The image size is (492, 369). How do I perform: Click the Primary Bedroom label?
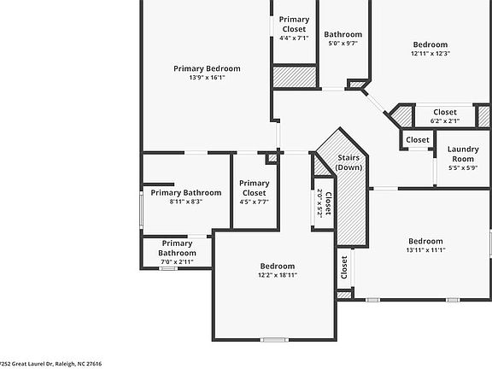(x=207, y=68)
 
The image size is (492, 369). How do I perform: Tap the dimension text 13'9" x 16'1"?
(x=207, y=78)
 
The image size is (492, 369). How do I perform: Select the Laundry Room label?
(x=463, y=154)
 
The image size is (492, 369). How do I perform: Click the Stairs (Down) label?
(x=348, y=162)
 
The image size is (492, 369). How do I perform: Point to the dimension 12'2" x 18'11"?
(x=277, y=275)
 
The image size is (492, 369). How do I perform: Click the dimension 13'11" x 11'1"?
(x=425, y=250)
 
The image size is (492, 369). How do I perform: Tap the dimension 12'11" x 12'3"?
(x=430, y=54)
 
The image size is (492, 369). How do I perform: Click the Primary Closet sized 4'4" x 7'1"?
(x=294, y=24)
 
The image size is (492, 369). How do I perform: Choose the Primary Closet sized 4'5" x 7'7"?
(x=254, y=188)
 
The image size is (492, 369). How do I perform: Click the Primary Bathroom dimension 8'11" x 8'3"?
(x=185, y=202)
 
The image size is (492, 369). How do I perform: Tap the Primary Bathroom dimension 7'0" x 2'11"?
(x=177, y=262)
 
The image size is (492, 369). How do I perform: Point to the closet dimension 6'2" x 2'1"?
(x=445, y=120)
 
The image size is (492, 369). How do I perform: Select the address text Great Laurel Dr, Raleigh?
(x=51, y=363)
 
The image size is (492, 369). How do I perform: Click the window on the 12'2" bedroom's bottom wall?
(x=274, y=340)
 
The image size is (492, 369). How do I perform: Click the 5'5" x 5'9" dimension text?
(x=463, y=168)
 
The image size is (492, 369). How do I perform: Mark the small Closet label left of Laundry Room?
(x=418, y=140)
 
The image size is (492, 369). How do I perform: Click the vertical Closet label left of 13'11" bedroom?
(x=344, y=268)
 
